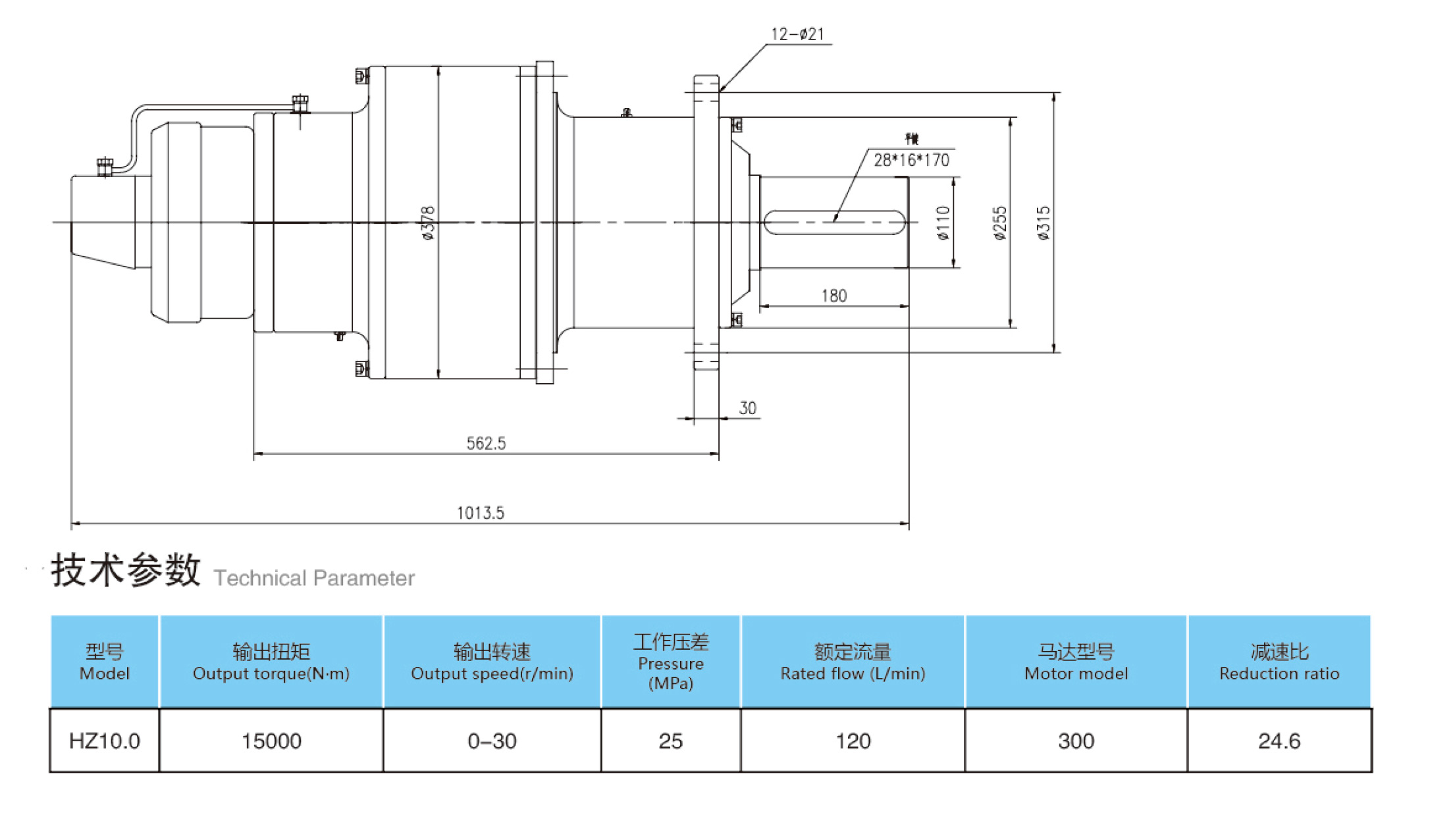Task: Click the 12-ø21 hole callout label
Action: coord(797,34)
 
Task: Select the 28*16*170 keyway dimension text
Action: coord(911,160)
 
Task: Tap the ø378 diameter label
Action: coord(428,223)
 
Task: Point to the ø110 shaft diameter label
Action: coord(943,223)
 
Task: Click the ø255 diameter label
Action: coord(1000,223)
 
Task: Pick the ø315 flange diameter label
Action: coord(1044,223)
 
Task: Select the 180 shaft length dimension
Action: coord(833,296)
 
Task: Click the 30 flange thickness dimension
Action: coord(747,408)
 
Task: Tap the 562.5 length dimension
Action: coord(486,444)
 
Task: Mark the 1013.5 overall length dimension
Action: coord(481,513)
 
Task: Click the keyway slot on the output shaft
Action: coord(835,223)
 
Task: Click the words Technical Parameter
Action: coord(314,578)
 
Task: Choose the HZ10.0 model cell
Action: coord(104,741)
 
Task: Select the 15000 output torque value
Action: coord(271,741)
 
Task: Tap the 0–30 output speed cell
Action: coord(492,741)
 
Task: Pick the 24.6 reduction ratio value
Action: coord(1279,741)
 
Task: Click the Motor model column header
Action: coord(1076,662)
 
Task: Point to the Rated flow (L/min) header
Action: coord(853,662)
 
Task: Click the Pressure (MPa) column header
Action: coord(671,662)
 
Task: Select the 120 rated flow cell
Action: coord(853,741)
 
